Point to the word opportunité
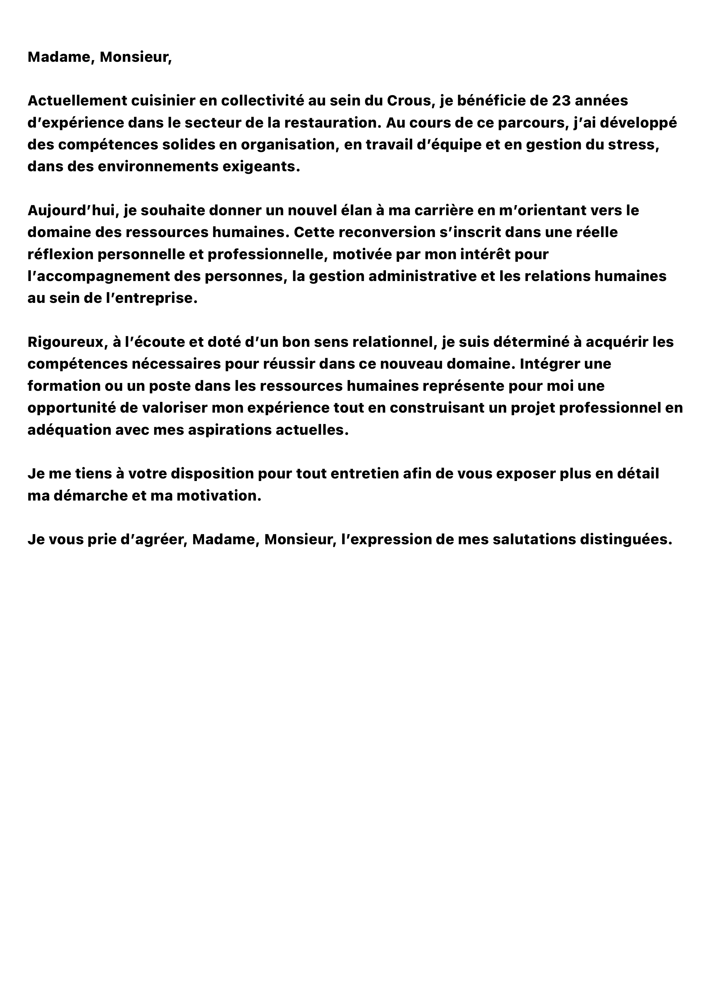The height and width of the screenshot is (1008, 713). click(71, 408)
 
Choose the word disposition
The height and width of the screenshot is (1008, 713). click(211, 474)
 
